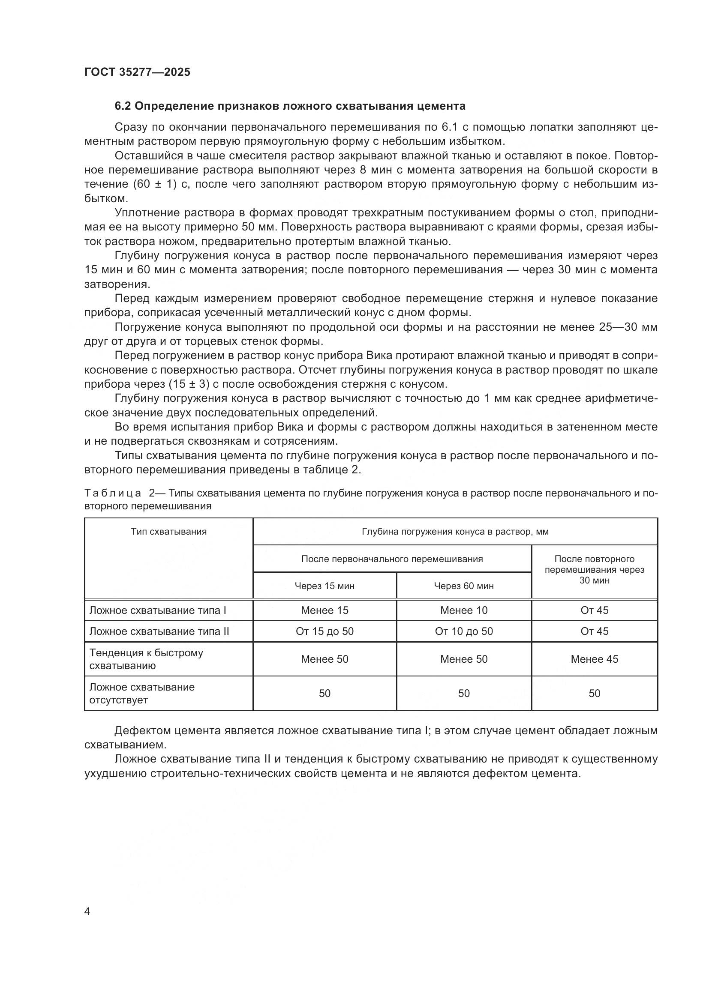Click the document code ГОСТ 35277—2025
(x=137, y=72)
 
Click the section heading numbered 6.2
(x=290, y=106)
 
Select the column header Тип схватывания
(x=168, y=532)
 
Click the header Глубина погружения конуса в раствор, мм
(x=455, y=532)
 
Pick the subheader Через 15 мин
(x=324, y=586)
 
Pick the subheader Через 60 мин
(x=464, y=586)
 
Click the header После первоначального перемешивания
(x=392, y=559)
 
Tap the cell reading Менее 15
(x=324, y=610)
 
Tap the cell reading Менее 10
(x=464, y=610)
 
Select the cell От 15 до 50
(x=324, y=631)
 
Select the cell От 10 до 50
(x=464, y=631)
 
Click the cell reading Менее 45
(x=594, y=659)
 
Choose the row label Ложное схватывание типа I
(x=158, y=610)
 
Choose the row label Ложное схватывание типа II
(x=159, y=631)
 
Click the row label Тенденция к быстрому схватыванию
(x=146, y=659)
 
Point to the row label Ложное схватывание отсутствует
(x=142, y=694)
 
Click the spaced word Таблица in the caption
(x=113, y=493)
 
